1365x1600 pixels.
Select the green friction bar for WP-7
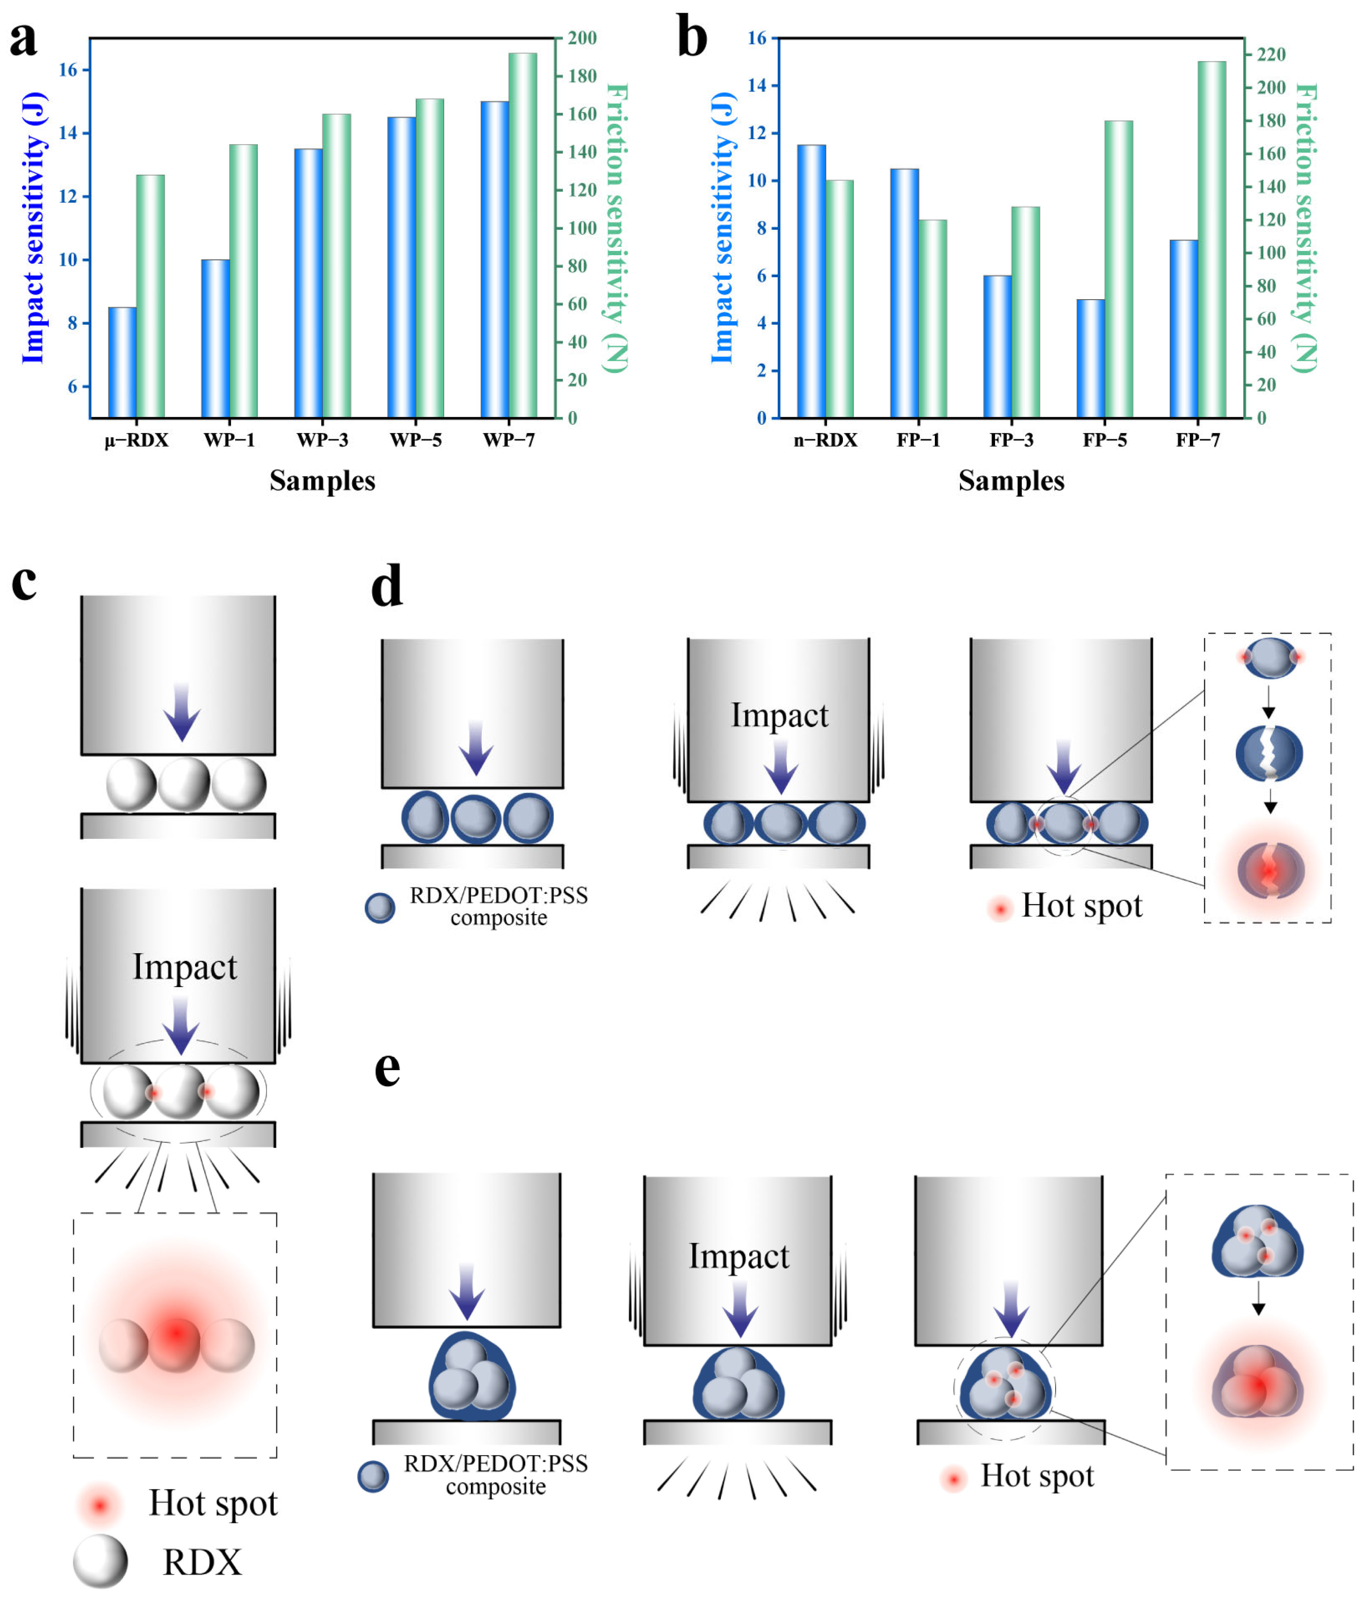(x=522, y=236)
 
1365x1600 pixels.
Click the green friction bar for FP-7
(x=1211, y=239)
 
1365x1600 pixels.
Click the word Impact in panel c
(x=184, y=967)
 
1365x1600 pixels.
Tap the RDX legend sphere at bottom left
(x=100, y=1561)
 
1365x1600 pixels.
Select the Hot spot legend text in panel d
(x=1081, y=906)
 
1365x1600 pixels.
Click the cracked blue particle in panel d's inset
(x=1268, y=753)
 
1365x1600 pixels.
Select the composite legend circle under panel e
(x=373, y=1476)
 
